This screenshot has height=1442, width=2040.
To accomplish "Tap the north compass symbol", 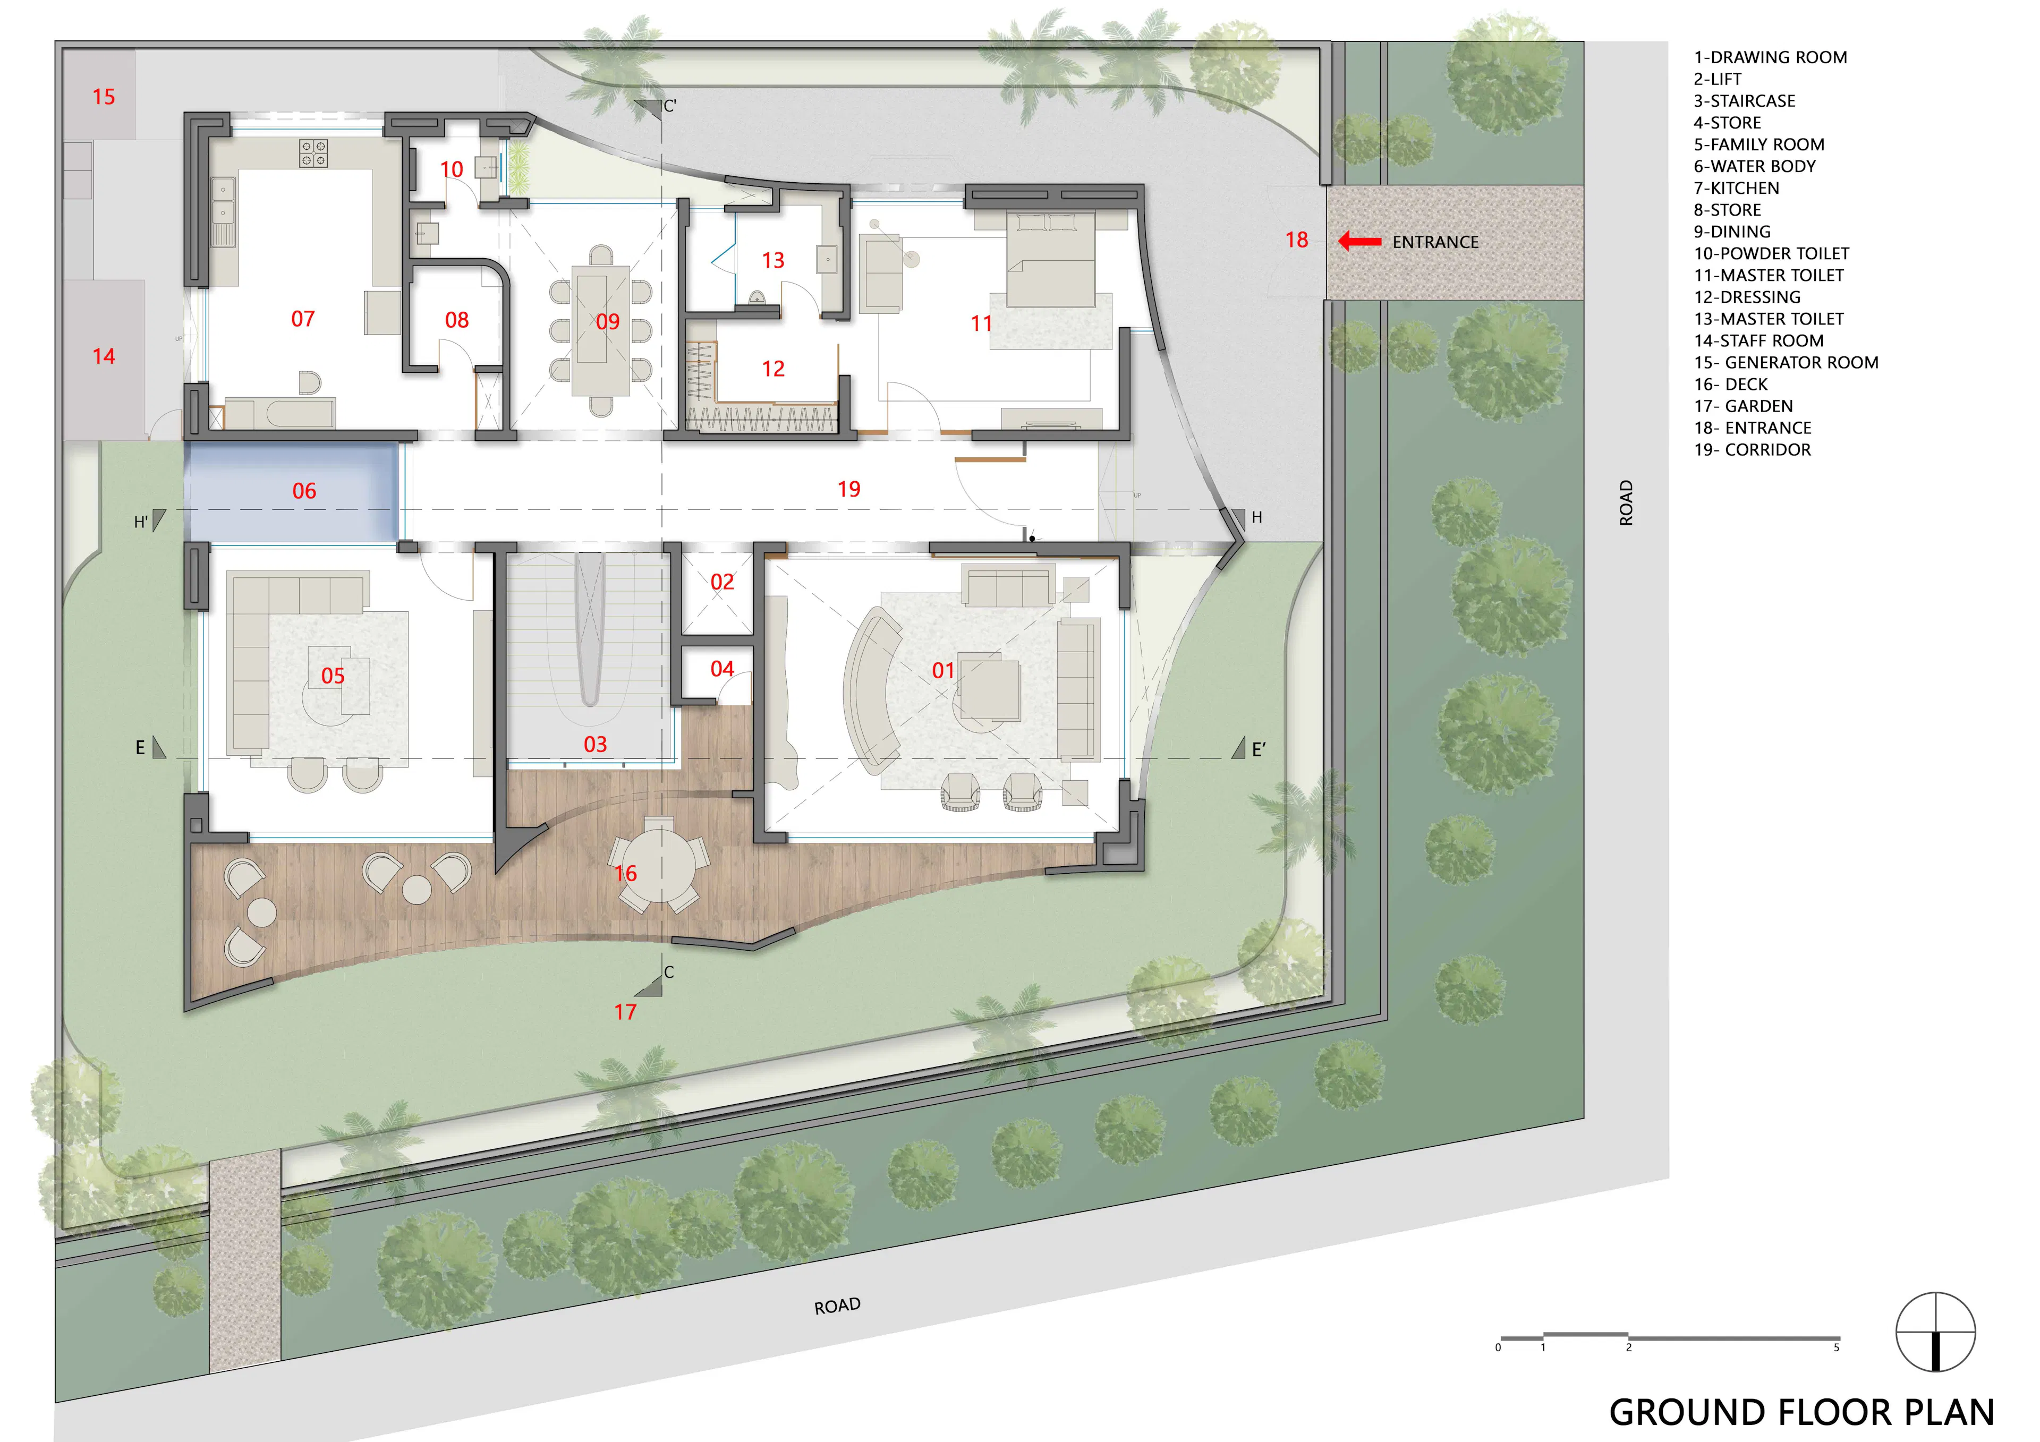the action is coord(1935,1333).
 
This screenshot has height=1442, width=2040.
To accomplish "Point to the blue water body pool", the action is coord(292,491).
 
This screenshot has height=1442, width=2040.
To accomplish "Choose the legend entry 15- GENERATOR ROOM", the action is coord(1786,363).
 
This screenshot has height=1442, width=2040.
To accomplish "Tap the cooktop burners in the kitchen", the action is coord(313,153).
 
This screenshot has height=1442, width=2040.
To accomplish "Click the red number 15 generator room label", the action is coord(104,97).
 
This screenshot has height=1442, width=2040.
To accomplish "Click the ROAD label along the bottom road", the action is coord(837,1305).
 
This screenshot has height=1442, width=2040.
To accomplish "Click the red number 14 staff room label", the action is coord(104,356).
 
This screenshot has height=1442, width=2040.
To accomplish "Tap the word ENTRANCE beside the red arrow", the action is coord(1435,242).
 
